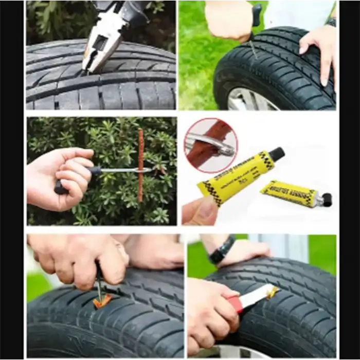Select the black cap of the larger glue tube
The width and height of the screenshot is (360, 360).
click(277, 154)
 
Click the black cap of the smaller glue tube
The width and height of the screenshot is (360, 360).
click(326, 200)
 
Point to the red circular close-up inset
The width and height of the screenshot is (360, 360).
click(210, 145)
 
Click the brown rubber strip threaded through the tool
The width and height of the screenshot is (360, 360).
click(140, 165)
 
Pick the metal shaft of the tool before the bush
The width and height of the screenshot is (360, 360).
click(123, 170)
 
